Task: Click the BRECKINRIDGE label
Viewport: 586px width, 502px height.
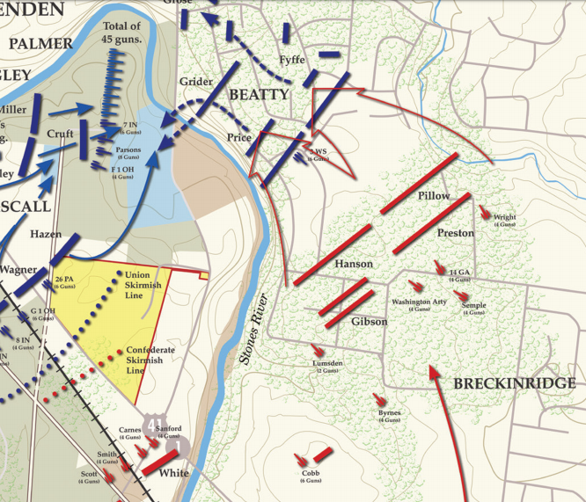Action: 515,384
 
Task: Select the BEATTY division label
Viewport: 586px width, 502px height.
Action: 259,94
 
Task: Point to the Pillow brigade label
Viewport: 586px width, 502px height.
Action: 434,195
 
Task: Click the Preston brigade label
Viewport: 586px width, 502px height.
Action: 455,233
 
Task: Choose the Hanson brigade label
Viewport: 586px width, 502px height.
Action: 353,264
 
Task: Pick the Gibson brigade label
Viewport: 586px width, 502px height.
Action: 369,322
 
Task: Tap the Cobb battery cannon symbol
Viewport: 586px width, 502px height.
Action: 303,458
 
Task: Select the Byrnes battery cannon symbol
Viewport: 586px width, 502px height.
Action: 380,400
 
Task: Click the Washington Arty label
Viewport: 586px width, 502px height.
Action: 419,302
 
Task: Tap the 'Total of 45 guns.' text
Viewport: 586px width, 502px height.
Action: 121,33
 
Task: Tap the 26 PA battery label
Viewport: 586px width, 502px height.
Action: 64,281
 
